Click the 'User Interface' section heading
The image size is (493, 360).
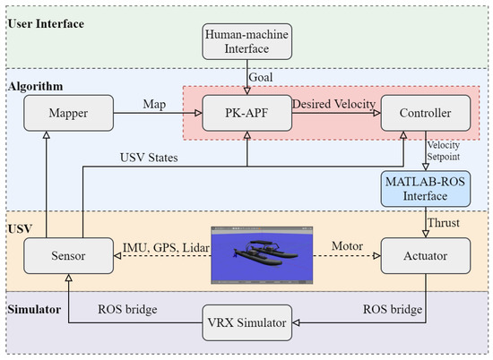(x=46, y=21)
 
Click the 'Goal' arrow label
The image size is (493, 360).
(x=264, y=77)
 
